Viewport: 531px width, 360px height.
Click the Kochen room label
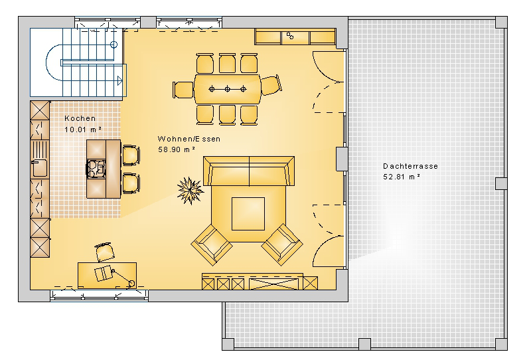pyautogui.click(x=80, y=118)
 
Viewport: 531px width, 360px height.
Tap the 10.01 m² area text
pyautogui.click(x=83, y=130)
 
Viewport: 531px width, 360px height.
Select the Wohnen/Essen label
pyautogui.click(x=189, y=139)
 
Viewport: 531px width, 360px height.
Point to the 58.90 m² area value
pyautogui.click(x=177, y=149)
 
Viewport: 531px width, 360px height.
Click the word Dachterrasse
pyautogui.click(x=410, y=166)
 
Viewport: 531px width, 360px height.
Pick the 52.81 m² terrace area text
pyautogui.click(x=402, y=177)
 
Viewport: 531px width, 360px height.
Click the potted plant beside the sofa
pyautogui.click(x=190, y=191)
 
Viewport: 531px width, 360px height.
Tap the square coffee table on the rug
pyautogui.click(x=248, y=214)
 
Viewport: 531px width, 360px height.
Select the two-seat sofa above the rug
pyautogui.click(x=249, y=171)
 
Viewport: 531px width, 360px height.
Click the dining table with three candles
pyautogui.click(x=228, y=89)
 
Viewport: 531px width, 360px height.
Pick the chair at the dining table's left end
pyautogui.click(x=183, y=90)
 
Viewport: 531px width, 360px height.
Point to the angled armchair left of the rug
pyautogui.click(x=212, y=244)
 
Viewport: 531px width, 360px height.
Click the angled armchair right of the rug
pyautogui.click(x=282, y=244)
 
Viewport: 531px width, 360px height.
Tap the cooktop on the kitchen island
pyautogui.click(x=96, y=169)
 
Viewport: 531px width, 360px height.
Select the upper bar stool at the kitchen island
pyautogui.click(x=131, y=155)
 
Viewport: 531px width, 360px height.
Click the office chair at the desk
pyautogui.click(x=105, y=252)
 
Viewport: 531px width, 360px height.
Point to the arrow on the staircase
pyautogui.click(x=119, y=80)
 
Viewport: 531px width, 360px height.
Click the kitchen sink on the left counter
pyautogui.click(x=40, y=169)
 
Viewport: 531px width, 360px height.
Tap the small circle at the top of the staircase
pyautogui.click(x=114, y=45)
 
